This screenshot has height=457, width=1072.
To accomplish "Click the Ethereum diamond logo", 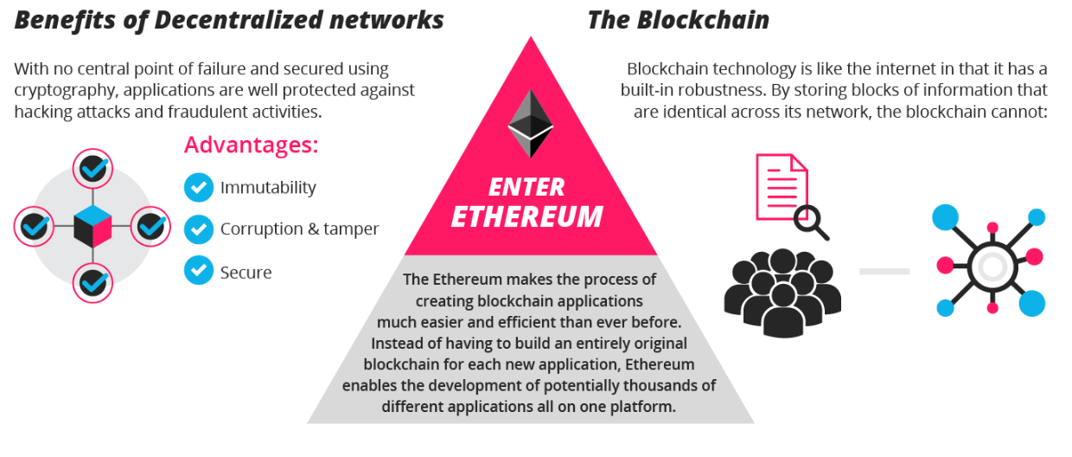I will pos(530,123).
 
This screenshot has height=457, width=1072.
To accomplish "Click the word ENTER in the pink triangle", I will pos(526,187).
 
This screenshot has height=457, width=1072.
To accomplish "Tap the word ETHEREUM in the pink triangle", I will pos(526,216).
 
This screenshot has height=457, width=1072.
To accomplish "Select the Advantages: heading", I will pos(252,145).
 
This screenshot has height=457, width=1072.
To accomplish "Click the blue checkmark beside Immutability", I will pos(199,187).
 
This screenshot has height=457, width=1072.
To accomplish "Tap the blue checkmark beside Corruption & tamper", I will pos(199,229).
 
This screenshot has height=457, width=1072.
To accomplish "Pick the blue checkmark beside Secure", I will pos(199,272).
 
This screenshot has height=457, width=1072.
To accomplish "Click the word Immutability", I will pos(268,187).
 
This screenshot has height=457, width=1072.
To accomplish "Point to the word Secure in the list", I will pos(246,272).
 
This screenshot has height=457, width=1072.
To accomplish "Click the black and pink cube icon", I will pos(93,228).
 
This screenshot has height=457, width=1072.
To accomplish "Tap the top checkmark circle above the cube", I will pos(93,170).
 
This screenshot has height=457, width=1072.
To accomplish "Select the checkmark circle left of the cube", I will pos(35,227).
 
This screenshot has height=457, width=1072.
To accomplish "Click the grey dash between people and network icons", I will pos(884,272).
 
